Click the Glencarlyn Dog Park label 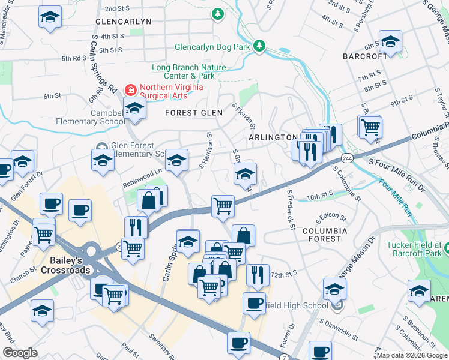[212, 47]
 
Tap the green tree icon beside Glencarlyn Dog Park [259, 46]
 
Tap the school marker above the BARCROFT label [390, 42]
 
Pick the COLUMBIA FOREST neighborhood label [324, 235]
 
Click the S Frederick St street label [291, 210]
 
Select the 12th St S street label [284, 274]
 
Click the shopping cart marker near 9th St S [370, 127]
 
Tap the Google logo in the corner [20, 353]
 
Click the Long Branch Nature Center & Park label [183, 72]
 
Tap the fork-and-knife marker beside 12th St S [258, 274]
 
